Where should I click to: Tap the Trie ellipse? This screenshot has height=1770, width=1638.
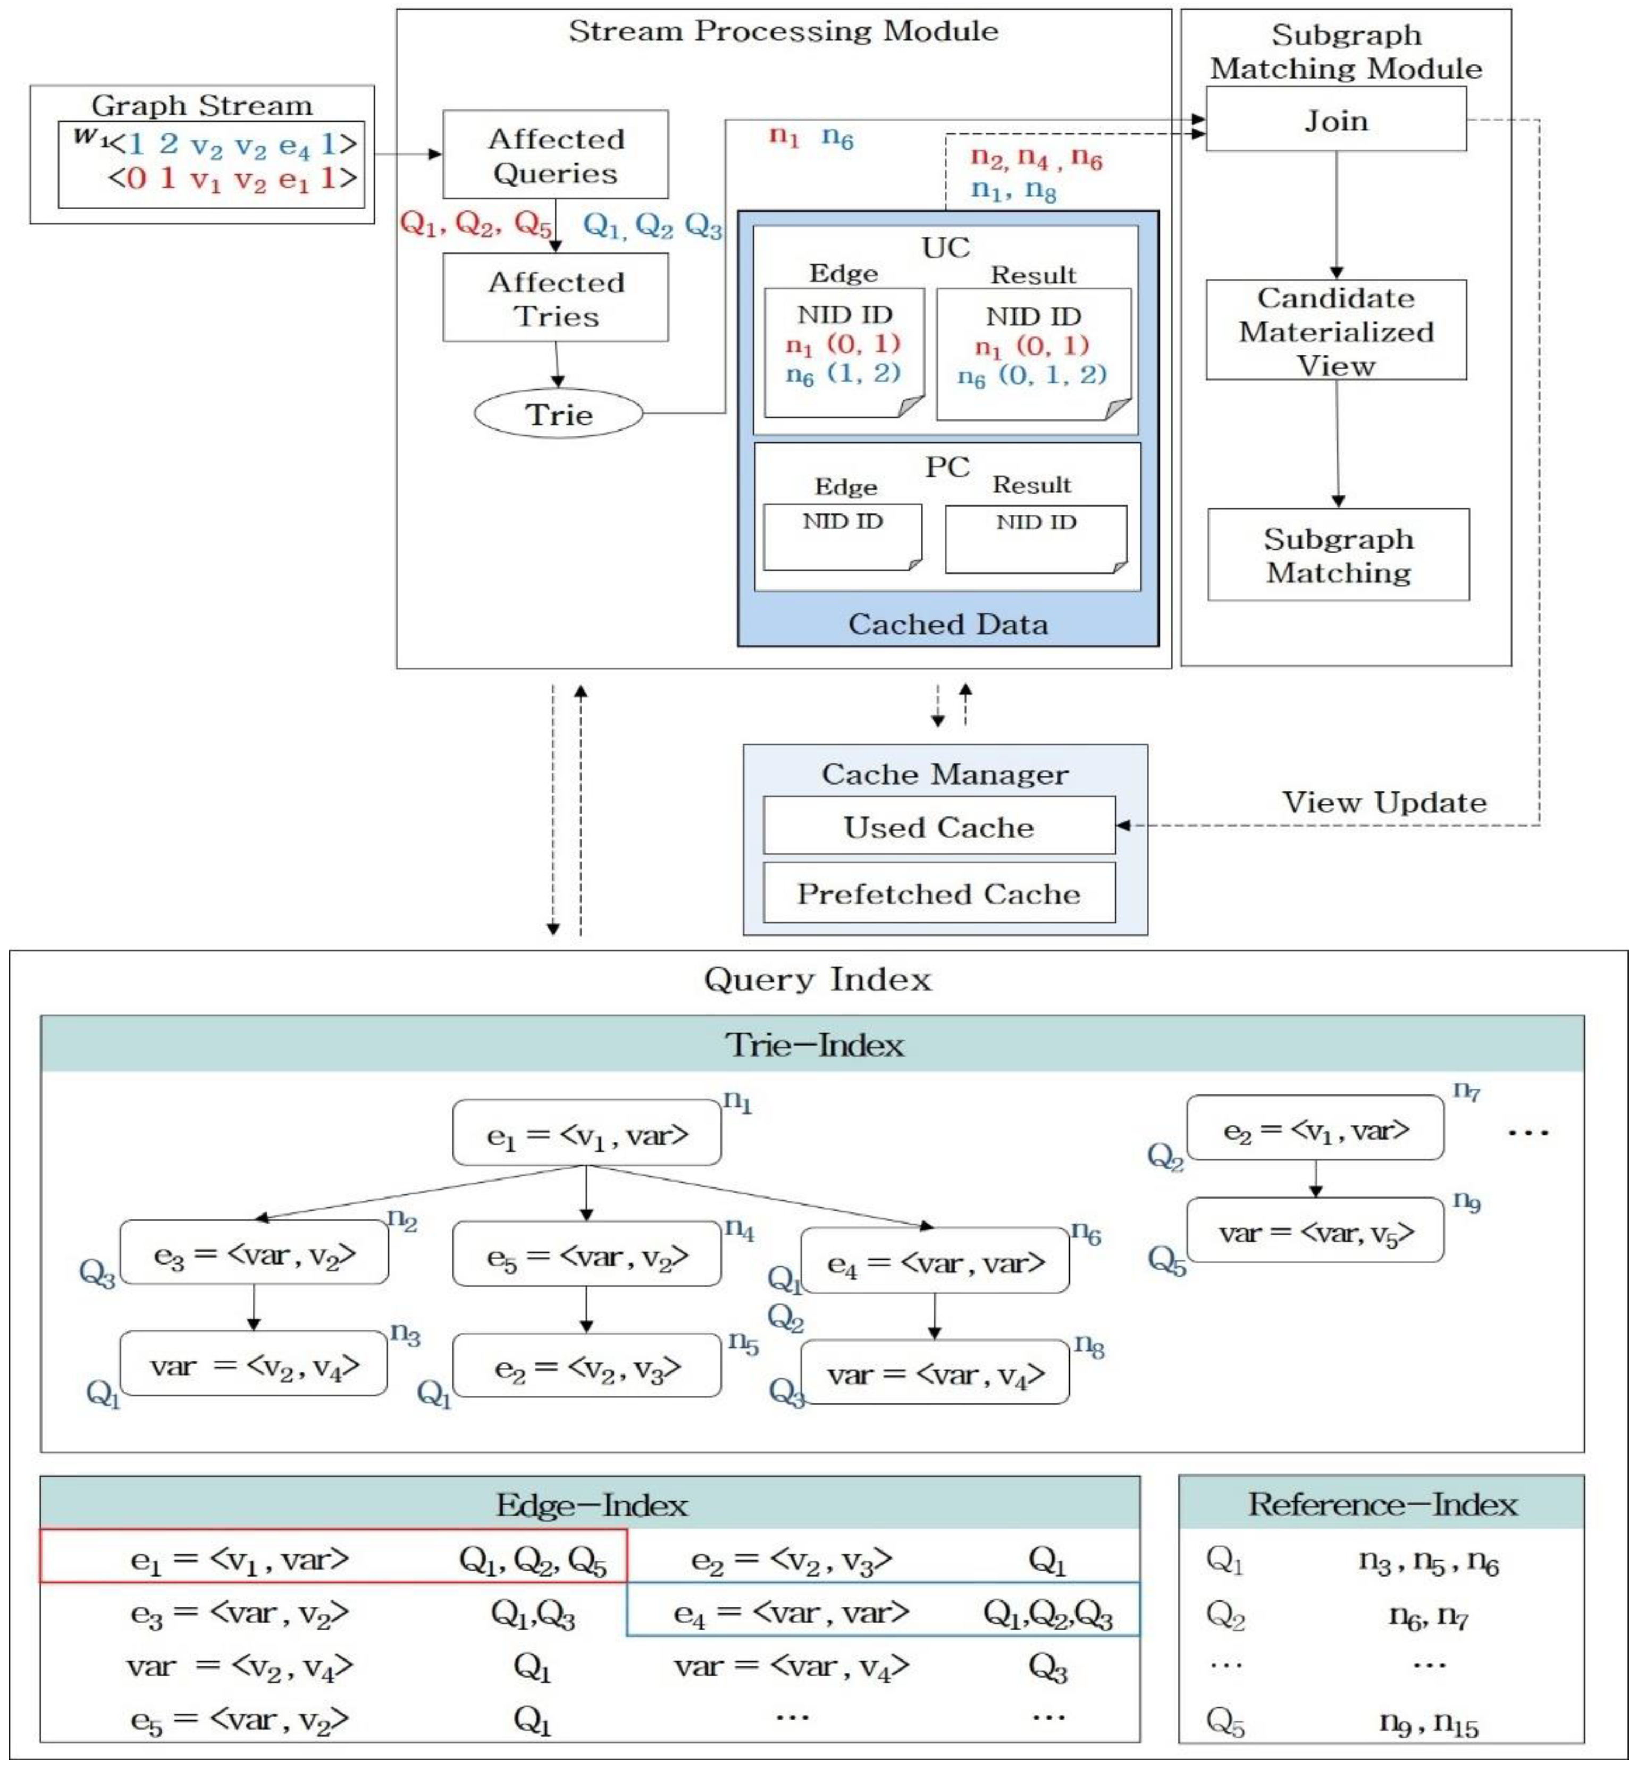pyautogui.click(x=558, y=414)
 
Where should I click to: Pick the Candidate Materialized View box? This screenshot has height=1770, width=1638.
pyautogui.click(x=1335, y=331)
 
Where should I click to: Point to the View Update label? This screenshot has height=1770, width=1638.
pyautogui.click(x=1384, y=802)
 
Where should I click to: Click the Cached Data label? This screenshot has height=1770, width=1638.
pyautogui.click(x=947, y=624)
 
